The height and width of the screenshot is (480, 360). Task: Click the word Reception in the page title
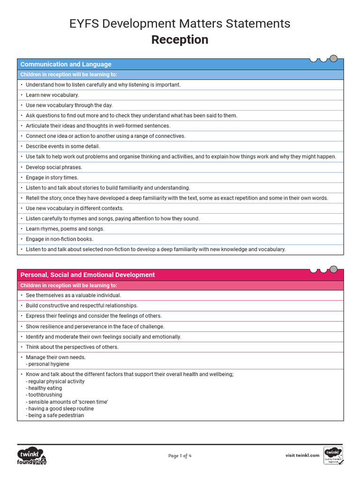[180, 40]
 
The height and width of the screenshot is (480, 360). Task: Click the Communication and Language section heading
[66, 64]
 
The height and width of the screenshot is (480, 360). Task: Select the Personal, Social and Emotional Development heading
[87, 275]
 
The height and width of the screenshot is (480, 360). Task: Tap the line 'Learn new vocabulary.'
[52, 95]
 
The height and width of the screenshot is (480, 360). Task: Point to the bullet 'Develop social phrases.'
[53, 167]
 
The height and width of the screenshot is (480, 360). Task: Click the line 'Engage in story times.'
[52, 178]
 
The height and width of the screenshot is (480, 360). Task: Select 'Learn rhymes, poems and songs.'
[65, 229]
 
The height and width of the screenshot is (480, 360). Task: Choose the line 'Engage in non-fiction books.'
[59, 239]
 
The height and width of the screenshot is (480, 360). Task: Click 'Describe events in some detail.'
[62, 146]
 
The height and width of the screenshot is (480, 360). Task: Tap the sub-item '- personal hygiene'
[47, 364]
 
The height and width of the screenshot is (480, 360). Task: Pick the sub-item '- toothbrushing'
[44, 395]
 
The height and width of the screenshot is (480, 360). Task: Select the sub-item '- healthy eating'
[45, 388]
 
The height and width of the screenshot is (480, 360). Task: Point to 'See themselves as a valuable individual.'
[73, 295]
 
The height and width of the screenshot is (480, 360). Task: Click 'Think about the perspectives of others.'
[72, 347]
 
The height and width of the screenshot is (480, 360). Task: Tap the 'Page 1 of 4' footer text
[180, 456]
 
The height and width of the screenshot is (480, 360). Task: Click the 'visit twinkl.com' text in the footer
[302, 455]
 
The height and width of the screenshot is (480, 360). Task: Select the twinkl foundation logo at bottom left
[32, 456]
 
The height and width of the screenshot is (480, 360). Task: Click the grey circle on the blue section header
[333, 59]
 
